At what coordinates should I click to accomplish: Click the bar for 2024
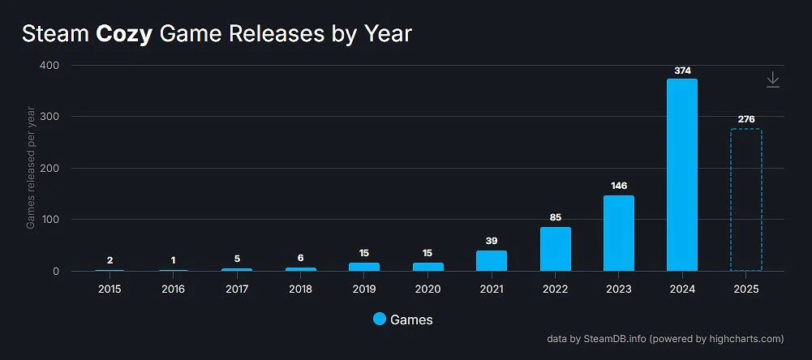pos(681,174)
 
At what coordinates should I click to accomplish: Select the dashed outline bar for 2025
pos(745,199)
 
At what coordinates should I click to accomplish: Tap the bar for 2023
pos(618,234)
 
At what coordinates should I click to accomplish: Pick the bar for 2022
pos(555,249)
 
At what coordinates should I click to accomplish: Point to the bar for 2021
pos(492,260)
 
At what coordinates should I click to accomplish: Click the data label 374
pos(682,71)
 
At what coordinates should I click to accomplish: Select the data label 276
pos(746,120)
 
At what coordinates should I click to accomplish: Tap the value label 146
pos(619,186)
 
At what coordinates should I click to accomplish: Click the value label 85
pos(555,217)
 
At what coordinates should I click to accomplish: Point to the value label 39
pos(492,242)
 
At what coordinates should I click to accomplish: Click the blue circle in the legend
pos(379,319)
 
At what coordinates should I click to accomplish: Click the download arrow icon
pos(773,79)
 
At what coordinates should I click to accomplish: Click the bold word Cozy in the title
pos(124,34)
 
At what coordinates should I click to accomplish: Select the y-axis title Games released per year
pos(31,167)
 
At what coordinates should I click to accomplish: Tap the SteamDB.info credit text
pos(615,339)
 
